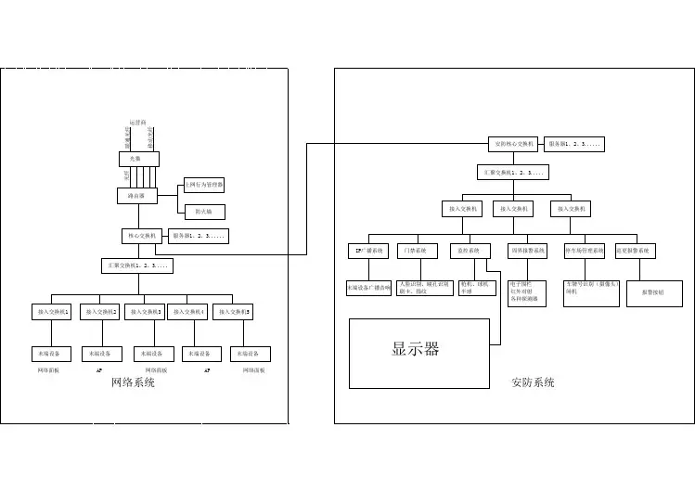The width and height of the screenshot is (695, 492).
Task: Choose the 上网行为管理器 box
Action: coord(204,184)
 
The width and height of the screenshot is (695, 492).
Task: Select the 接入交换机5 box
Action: coord(235,312)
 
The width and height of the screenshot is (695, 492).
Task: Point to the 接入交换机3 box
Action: coord(145,312)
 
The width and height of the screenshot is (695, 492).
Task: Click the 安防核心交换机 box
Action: coord(513,144)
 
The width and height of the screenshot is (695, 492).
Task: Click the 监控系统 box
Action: coord(470,251)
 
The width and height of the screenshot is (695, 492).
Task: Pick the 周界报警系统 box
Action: coord(528,251)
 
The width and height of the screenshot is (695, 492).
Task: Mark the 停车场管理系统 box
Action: coord(585,251)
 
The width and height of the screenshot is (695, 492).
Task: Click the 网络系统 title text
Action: coord(133,382)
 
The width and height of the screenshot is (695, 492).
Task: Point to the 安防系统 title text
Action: coord(533,382)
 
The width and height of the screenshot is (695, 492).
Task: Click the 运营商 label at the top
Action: coord(137,123)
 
